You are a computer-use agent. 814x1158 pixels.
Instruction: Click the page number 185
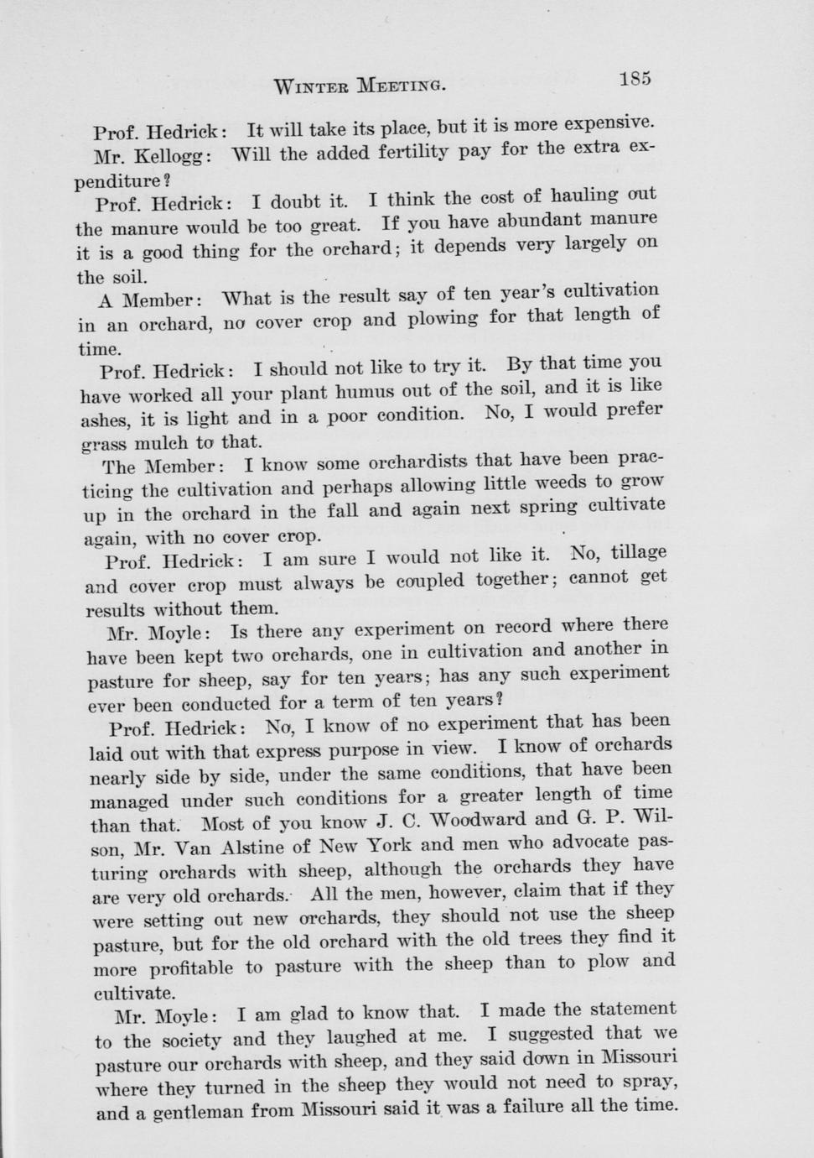(x=635, y=79)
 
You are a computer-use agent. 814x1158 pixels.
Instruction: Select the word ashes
(x=103, y=420)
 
